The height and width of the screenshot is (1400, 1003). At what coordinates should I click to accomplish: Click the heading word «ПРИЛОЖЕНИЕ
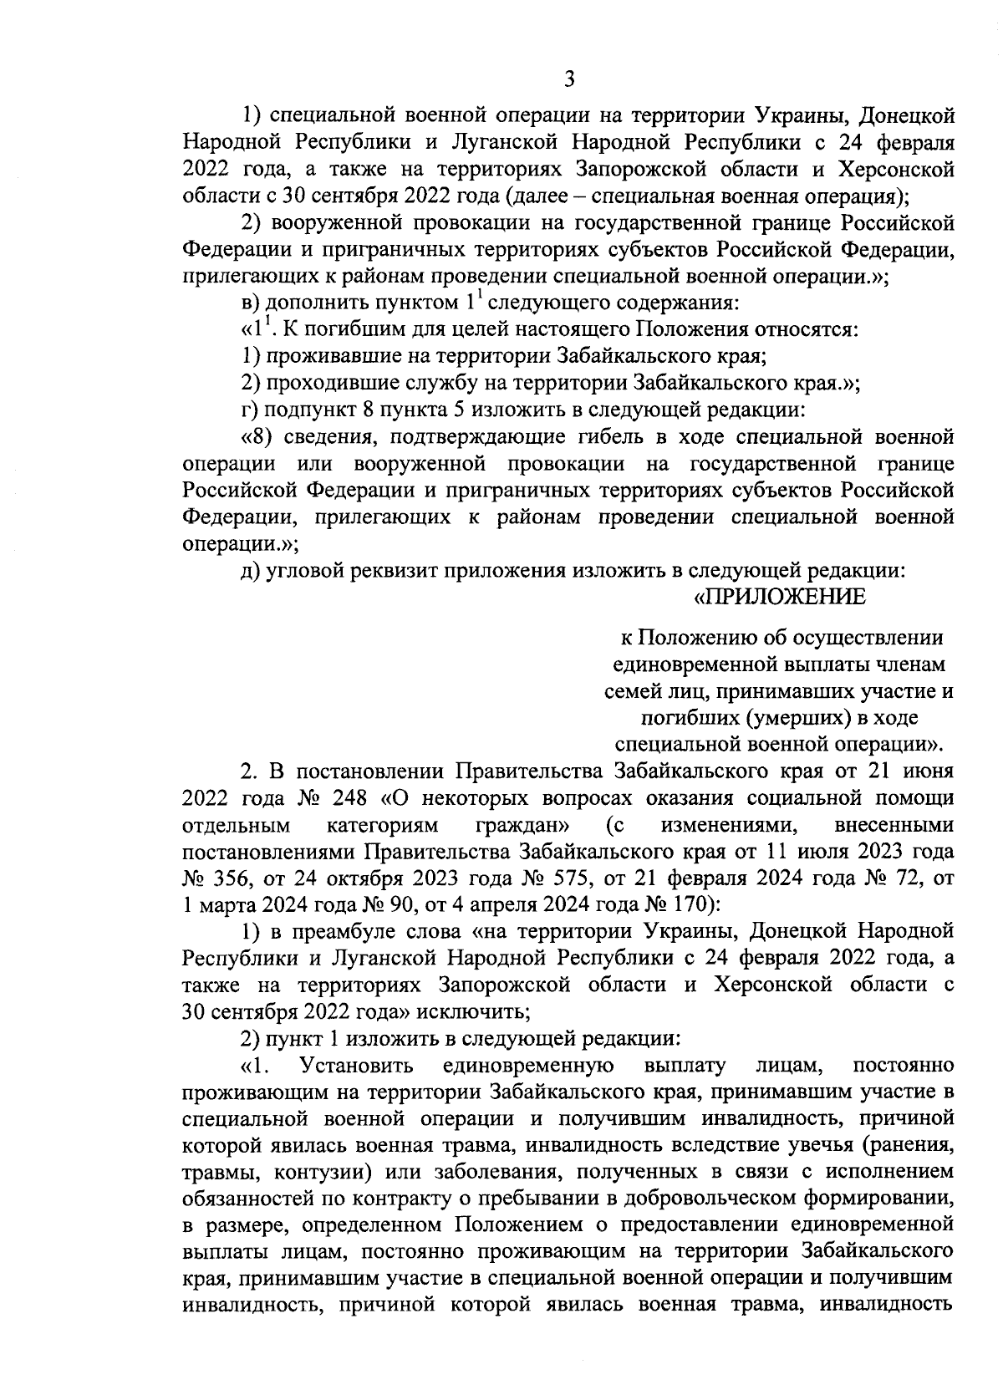pyautogui.click(x=780, y=598)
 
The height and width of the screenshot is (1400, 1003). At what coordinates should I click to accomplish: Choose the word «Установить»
pyautogui.click(x=357, y=1065)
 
